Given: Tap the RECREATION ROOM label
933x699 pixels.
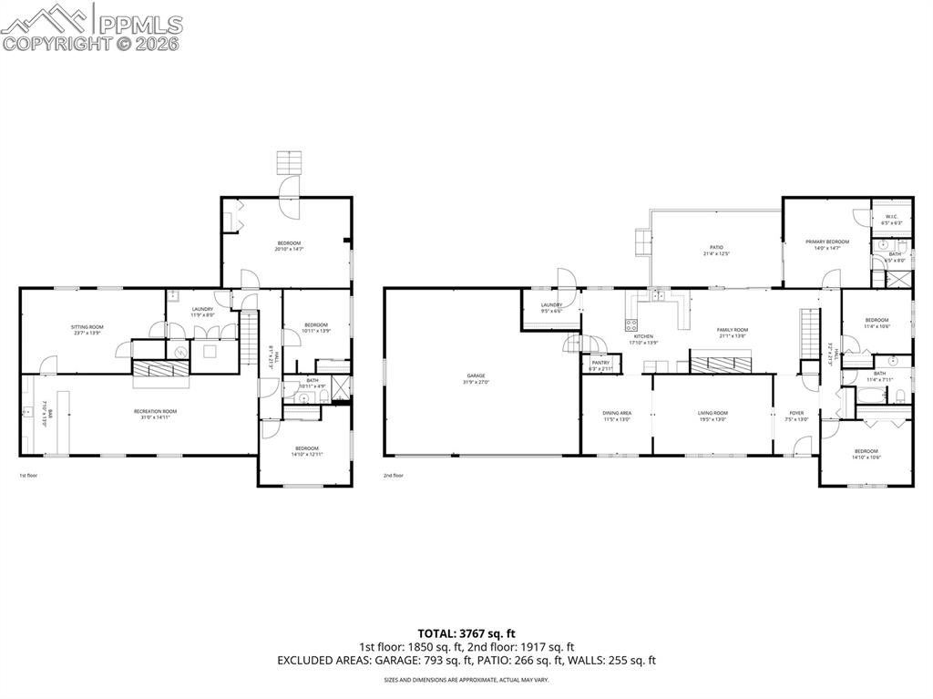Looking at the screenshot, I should click(156, 411).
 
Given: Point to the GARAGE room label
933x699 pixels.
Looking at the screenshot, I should click(476, 375).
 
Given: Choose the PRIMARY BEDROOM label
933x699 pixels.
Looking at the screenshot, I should click(826, 242).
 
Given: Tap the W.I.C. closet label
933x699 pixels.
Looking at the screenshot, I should click(891, 216).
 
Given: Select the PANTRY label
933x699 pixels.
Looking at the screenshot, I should click(600, 363).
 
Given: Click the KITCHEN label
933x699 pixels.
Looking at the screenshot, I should click(644, 336).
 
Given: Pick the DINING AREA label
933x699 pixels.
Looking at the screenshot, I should click(617, 413).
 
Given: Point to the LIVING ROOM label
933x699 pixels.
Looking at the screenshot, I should click(713, 413).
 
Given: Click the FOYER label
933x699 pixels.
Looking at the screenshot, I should click(796, 413).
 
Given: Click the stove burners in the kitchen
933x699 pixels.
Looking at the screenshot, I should click(631, 325).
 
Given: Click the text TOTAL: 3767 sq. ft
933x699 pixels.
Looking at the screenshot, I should click(466, 632).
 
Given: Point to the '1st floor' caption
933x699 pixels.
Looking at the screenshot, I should click(29, 475).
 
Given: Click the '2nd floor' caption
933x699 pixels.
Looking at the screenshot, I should click(394, 475).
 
